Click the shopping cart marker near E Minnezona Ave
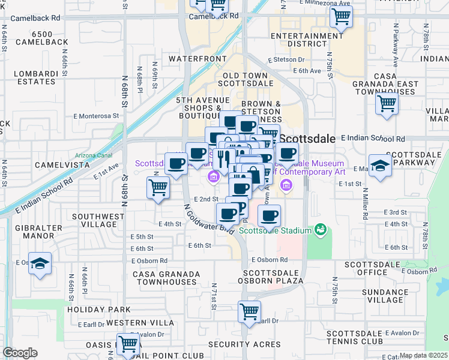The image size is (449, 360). [x=342, y=18]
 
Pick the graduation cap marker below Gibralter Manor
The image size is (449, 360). [x=40, y=264]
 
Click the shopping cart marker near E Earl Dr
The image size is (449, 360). [x=249, y=312]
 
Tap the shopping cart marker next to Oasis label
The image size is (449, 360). [x=128, y=345]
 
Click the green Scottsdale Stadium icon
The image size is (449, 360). [x=321, y=230]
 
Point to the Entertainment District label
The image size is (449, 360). [x=306, y=40]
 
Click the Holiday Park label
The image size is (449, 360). [x=91, y=310]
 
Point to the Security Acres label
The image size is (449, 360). [x=244, y=344]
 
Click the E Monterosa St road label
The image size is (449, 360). [x=96, y=116]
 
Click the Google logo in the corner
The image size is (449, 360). [x=20, y=353]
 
